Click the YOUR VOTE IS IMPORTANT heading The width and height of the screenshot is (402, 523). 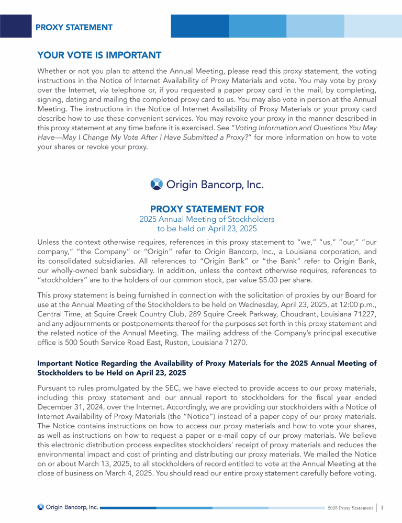[x=99, y=55]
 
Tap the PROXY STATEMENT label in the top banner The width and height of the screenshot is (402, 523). [x=74, y=27]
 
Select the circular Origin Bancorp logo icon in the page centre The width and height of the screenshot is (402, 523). [x=156, y=184]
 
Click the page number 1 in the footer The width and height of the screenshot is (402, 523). [x=383, y=507]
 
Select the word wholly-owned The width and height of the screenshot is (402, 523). [x=79, y=270]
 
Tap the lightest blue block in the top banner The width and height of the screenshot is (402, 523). [x=372, y=26]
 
